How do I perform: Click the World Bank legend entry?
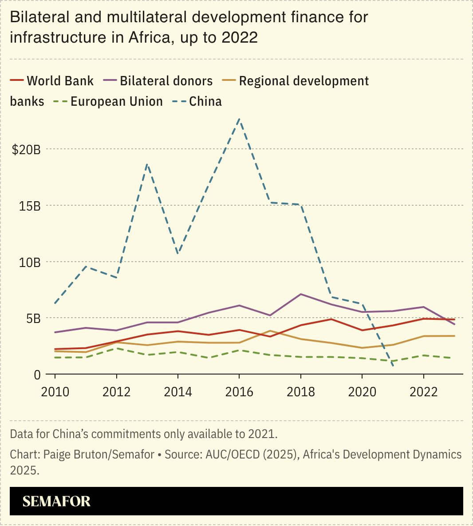click(x=60, y=81)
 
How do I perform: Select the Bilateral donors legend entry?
click(x=166, y=81)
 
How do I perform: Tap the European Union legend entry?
click(x=116, y=101)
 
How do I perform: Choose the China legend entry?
click(x=205, y=101)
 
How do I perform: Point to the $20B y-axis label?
click(x=26, y=150)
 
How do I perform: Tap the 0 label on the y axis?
click(x=37, y=375)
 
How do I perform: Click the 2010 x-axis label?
click(x=55, y=392)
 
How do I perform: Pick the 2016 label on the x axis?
click(x=239, y=392)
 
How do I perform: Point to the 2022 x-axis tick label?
click(x=423, y=392)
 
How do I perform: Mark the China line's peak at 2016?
click(x=239, y=119)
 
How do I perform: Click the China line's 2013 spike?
click(x=147, y=164)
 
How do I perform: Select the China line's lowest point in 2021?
click(x=393, y=365)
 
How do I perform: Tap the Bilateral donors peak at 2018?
click(x=301, y=294)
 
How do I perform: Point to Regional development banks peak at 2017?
click(x=270, y=331)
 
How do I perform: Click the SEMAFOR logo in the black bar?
click(x=56, y=502)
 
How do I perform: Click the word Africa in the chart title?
click(x=149, y=37)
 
